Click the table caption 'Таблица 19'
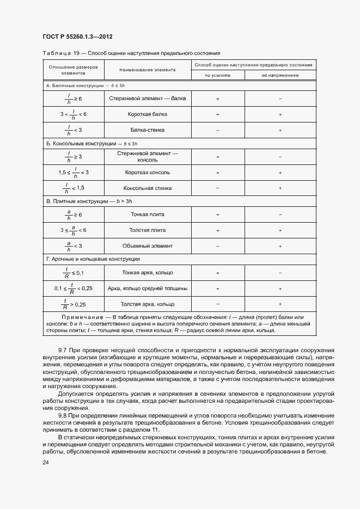57,53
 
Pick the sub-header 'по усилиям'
217,76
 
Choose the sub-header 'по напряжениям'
280,76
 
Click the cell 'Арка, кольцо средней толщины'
148,288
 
